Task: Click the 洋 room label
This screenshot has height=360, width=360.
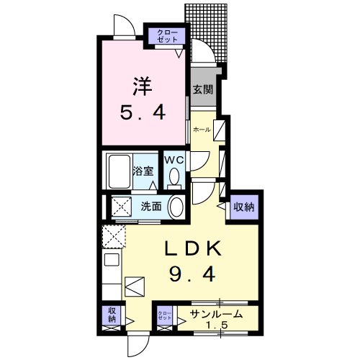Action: [141, 84]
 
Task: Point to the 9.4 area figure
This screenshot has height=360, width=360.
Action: [194, 274]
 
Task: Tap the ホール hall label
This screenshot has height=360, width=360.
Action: [202, 130]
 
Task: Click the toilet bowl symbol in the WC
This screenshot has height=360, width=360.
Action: [174, 177]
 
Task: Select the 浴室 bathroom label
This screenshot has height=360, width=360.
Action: [143, 171]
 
